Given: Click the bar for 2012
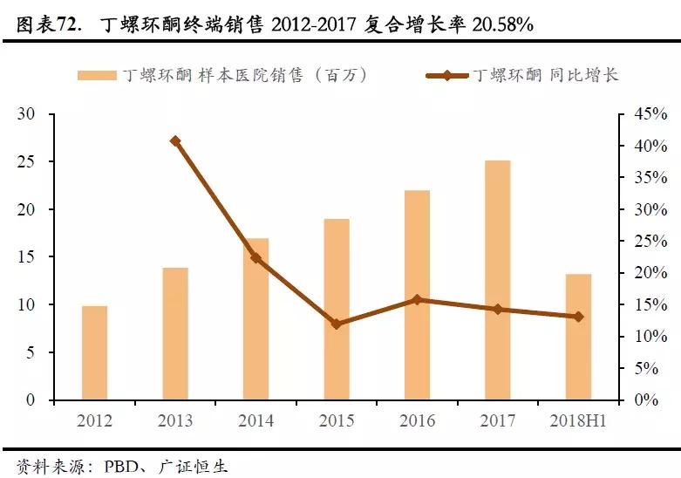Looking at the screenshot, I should (94, 352).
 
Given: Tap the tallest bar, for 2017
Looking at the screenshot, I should (498, 280).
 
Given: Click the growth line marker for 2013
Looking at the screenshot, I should (175, 140).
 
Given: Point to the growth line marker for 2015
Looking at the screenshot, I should (337, 324).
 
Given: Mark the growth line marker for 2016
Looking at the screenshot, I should (417, 299).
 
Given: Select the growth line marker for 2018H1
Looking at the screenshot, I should (578, 317).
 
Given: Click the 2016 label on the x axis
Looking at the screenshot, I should (417, 421).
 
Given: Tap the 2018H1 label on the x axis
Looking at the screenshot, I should (578, 421).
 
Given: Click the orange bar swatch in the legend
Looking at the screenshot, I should (97, 75).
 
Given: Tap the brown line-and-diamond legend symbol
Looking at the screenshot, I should (446, 75).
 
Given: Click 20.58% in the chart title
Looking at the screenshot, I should (502, 24).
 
